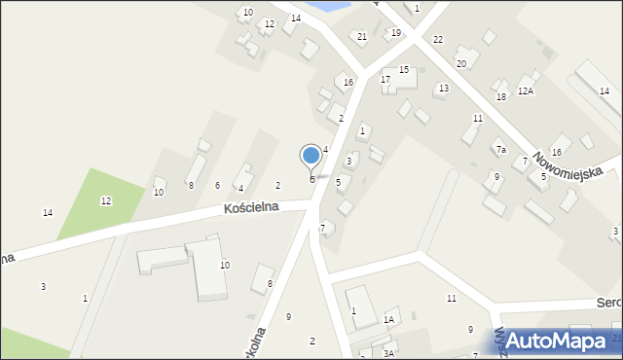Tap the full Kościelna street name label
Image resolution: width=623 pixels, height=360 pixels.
click(x=251, y=207)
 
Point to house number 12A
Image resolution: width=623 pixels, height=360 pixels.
click(x=526, y=90)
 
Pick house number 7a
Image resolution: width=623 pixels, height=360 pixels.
click(x=501, y=149)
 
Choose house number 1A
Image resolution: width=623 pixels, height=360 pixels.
click(x=388, y=318)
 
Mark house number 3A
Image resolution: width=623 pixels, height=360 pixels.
click(x=387, y=353)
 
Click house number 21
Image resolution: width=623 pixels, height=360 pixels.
click(x=361, y=37)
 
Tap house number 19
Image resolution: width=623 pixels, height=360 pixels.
click(x=395, y=33)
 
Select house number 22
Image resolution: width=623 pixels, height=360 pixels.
click(x=438, y=39)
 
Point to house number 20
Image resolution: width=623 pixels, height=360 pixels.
click(x=461, y=63)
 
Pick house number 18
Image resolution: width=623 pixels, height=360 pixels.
click(x=501, y=97)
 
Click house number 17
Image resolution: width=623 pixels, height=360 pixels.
click(x=385, y=79)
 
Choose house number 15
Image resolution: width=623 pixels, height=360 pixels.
click(x=403, y=70)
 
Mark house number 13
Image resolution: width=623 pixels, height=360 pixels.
click(x=443, y=89)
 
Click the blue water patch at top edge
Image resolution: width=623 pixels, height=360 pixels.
click(x=331, y=6)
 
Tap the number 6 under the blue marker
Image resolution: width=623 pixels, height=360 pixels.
click(x=312, y=179)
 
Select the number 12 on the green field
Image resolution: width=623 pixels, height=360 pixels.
click(x=106, y=200)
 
